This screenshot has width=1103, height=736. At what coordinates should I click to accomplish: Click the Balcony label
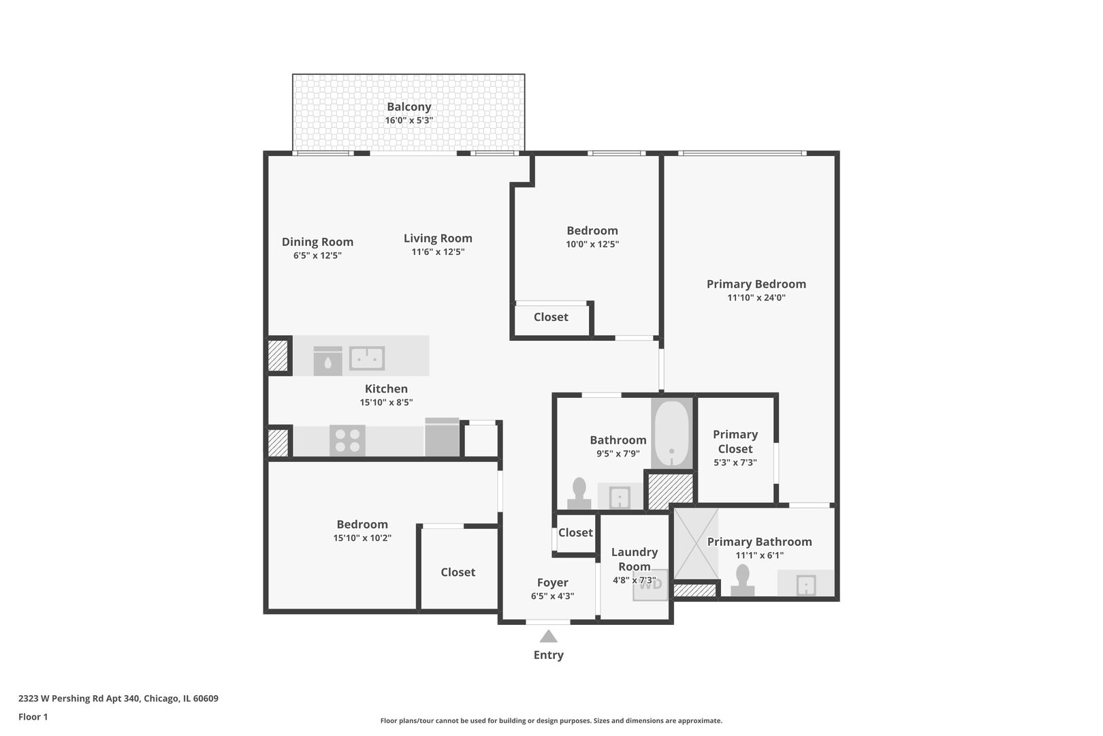coord(409,106)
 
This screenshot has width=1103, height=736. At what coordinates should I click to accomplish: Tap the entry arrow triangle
coord(548,637)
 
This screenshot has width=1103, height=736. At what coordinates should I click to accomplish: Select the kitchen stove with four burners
coord(347,440)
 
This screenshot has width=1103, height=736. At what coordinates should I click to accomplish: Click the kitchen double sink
coord(367,358)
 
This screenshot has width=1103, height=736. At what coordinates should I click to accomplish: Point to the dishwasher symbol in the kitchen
coord(328,361)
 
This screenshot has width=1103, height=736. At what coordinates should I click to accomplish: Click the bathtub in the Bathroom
coord(671,433)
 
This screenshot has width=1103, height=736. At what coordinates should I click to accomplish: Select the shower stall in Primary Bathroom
coord(697,545)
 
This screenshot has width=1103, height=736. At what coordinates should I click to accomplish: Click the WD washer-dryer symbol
coord(650,585)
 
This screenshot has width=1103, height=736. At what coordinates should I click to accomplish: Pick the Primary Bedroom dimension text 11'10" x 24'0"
coord(756,297)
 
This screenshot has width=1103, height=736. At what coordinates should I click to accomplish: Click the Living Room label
coord(438,238)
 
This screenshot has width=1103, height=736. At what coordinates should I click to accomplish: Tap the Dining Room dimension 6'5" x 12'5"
coord(317,256)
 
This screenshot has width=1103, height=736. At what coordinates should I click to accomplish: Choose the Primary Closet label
coord(735,442)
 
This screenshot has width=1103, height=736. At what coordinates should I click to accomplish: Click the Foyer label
coord(552,583)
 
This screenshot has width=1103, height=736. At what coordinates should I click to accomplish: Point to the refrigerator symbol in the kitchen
coord(442,438)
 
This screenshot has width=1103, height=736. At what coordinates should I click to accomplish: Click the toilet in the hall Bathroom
coord(579,493)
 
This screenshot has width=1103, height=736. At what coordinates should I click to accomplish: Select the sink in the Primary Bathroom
coord(805,585)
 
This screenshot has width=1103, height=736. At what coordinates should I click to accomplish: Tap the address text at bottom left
coord(118,698)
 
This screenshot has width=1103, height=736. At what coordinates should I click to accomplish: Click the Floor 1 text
coord(33,717)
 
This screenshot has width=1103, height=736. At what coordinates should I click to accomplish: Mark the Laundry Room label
coord(635,559)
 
